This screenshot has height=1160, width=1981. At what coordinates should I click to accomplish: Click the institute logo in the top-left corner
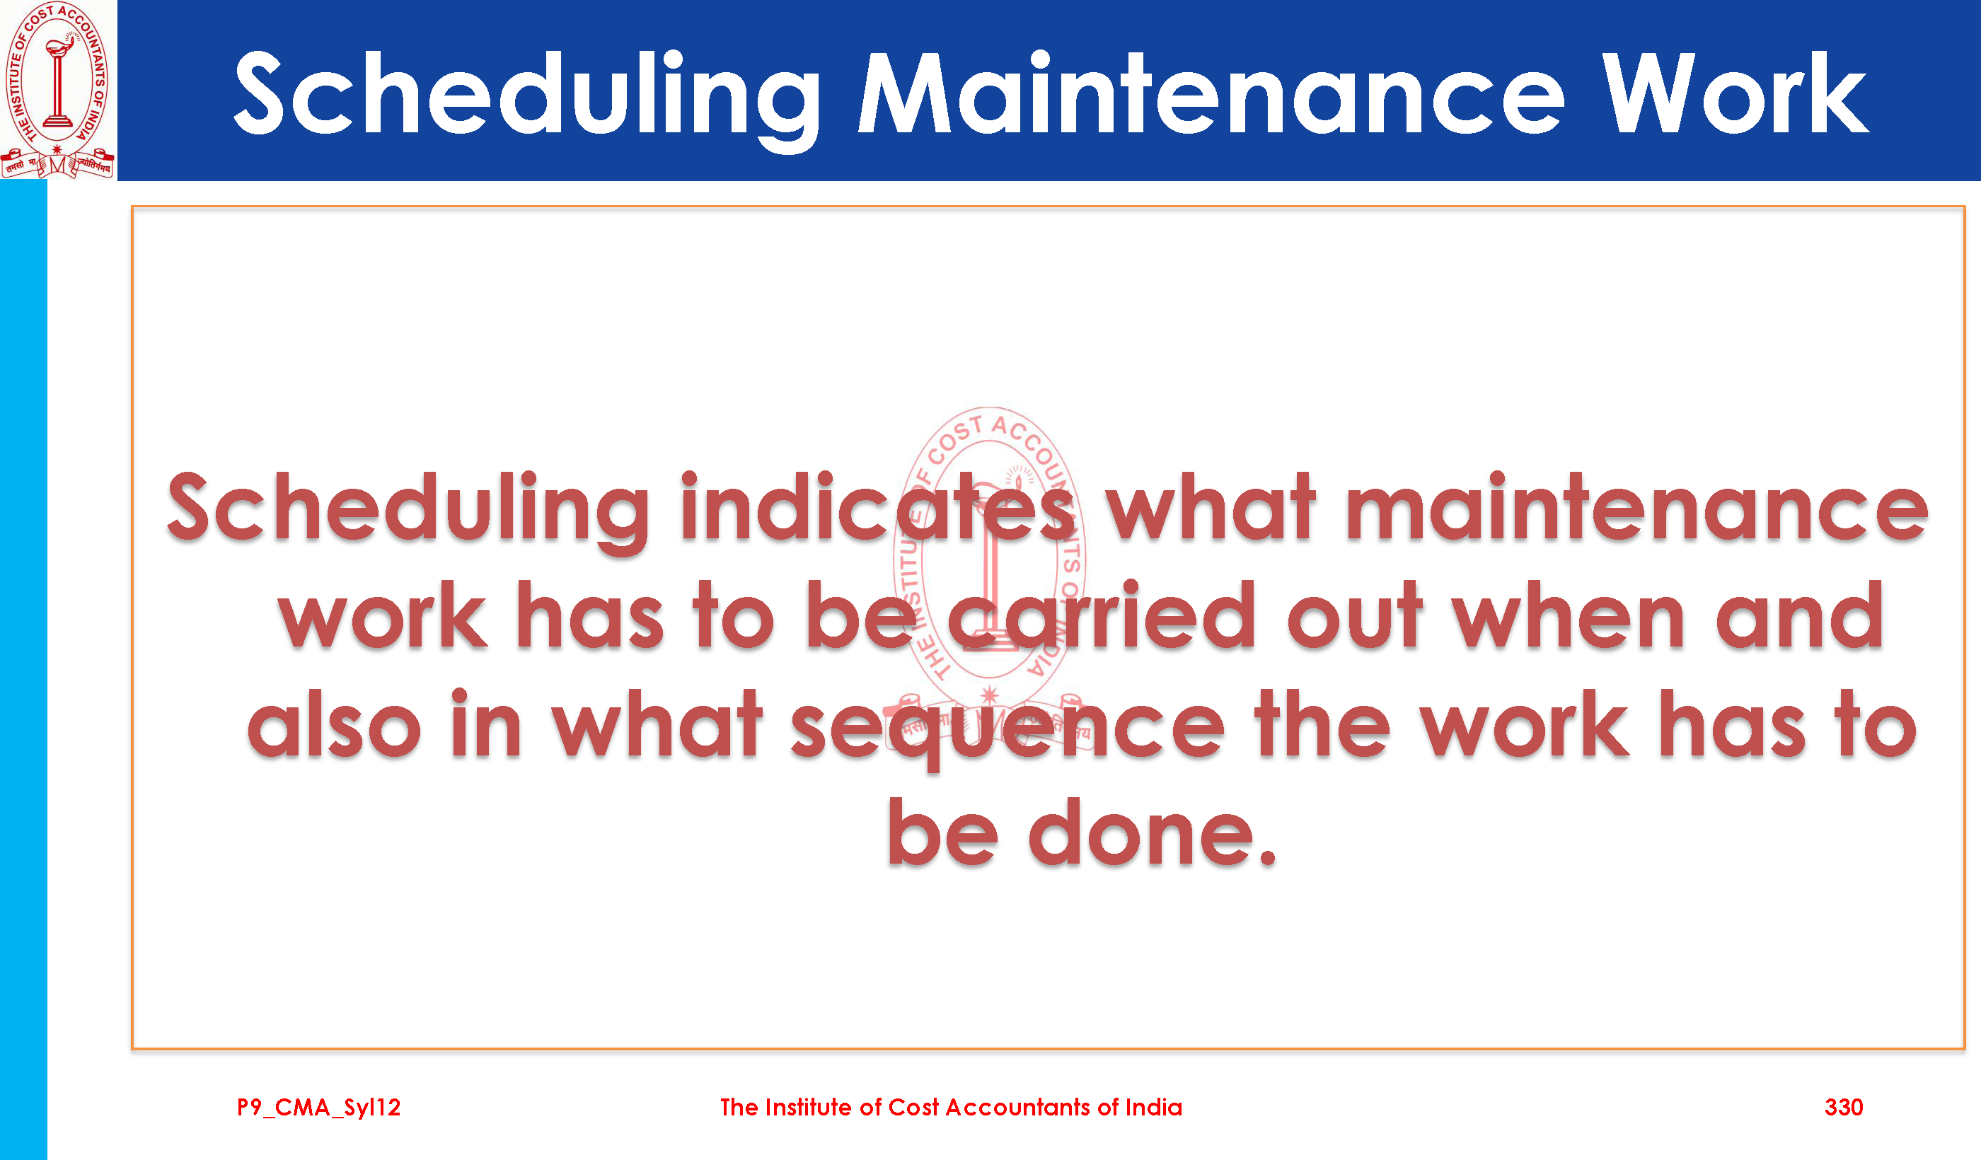tap(57, 90)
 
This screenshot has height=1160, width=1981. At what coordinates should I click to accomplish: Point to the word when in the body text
tap(1569, 615)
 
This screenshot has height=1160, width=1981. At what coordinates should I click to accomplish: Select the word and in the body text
tap(1799, 615)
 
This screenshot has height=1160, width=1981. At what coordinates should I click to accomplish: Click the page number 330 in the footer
tap(1844, 1108)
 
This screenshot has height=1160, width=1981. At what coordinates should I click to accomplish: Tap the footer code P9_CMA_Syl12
tap(319, 1108)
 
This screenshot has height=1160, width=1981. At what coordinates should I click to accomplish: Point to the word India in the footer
tap(1154, 1108)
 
